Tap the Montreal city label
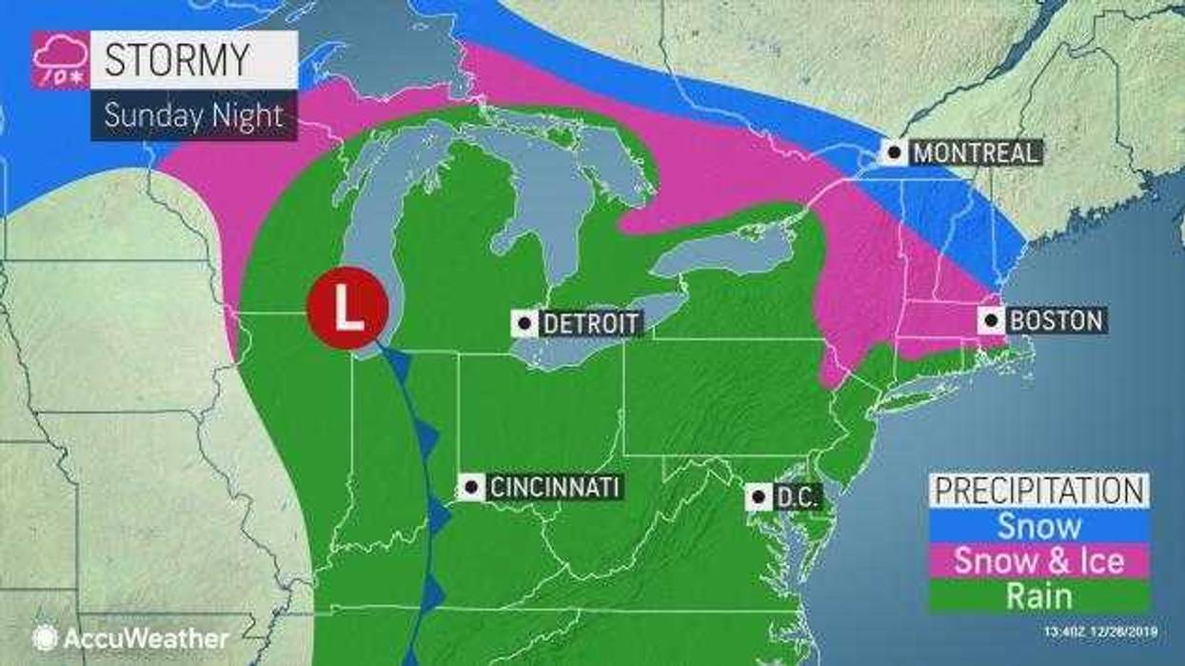click(x=975, y=152)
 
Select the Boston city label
click(x=1055, y=320)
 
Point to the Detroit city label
click(x=590, y=323)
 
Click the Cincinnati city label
click(x=554, y=488)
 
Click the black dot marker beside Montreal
click(x=894, y=152)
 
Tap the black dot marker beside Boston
click(x=993, y=320)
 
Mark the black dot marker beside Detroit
click(x=524, y=323)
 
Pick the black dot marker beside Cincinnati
click(x=469, y=488)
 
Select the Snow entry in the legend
click(x=1038, y=526)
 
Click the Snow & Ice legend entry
click(x=1038, y=561)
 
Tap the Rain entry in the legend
click(x=1038, y=596)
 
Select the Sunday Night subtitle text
click(x=193, y=115)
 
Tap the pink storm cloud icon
click(x=61, y=60)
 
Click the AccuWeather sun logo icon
click(x=44, y=637)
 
